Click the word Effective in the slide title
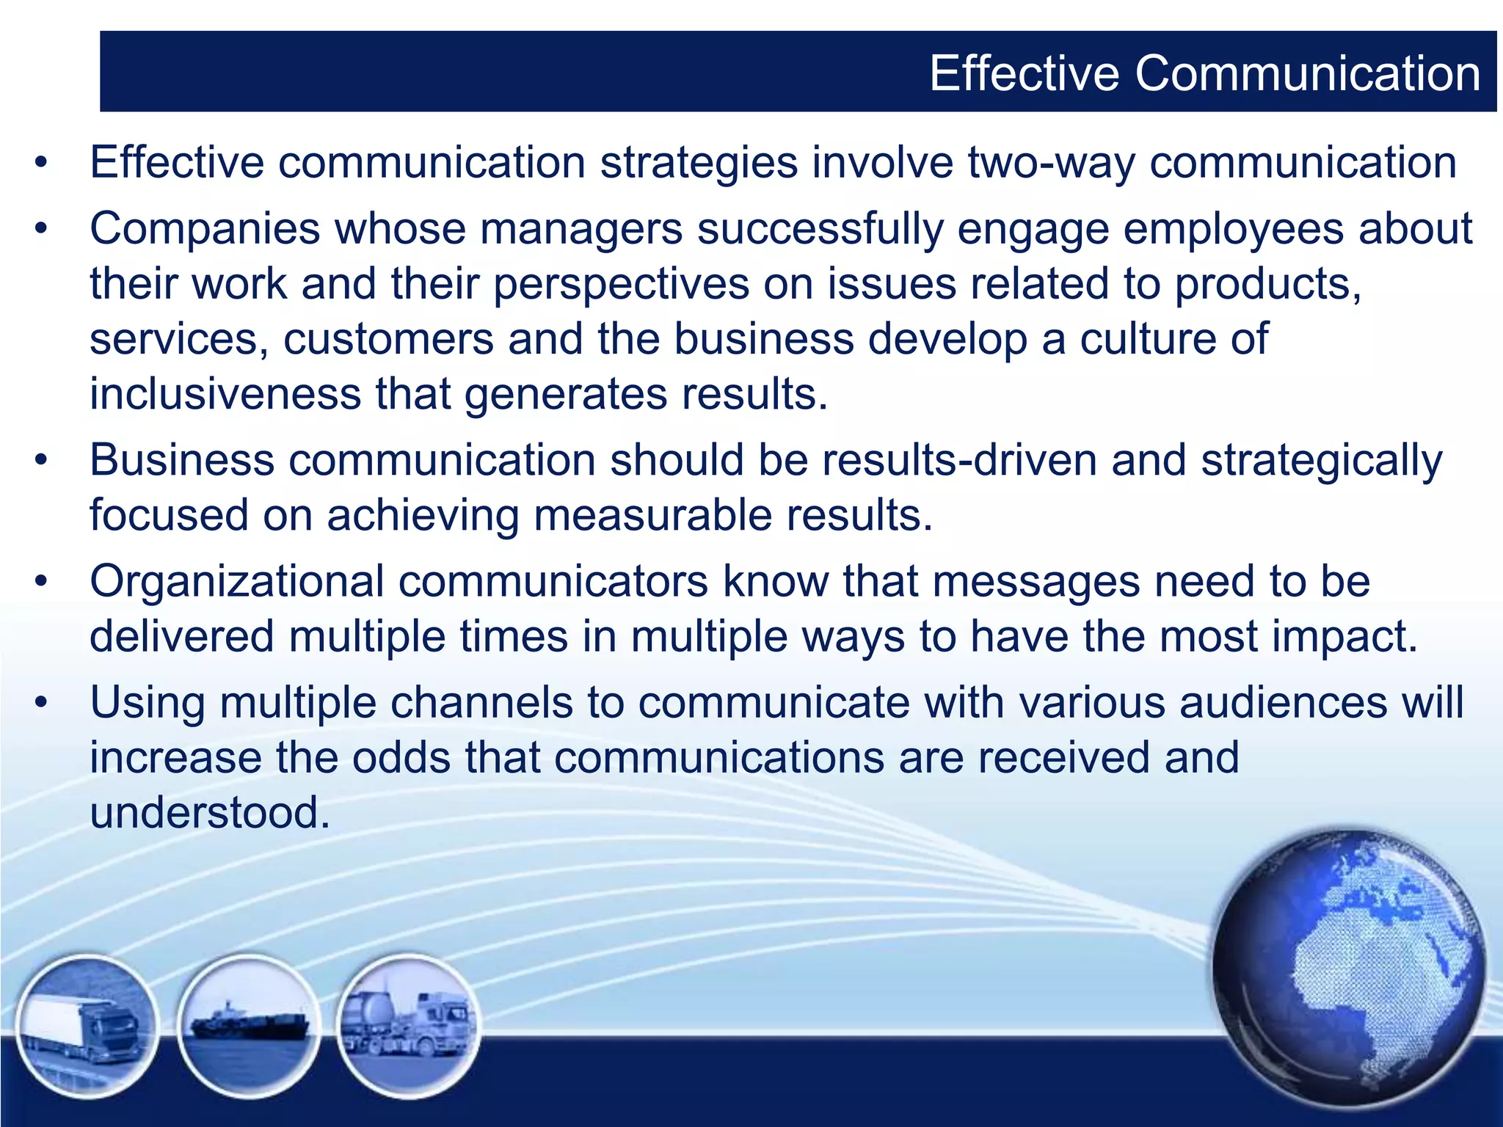pos(1025,73)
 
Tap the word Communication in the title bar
pos(1308,73)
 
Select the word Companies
pos(205,229)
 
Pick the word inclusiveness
pos(225,394)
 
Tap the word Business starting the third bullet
pos(181,461)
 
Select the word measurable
pos(652,515)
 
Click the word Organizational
pos(236,582)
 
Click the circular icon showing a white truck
pos(87,1025)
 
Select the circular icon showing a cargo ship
pos(249,1025)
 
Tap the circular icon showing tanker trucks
pos(408,1025)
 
